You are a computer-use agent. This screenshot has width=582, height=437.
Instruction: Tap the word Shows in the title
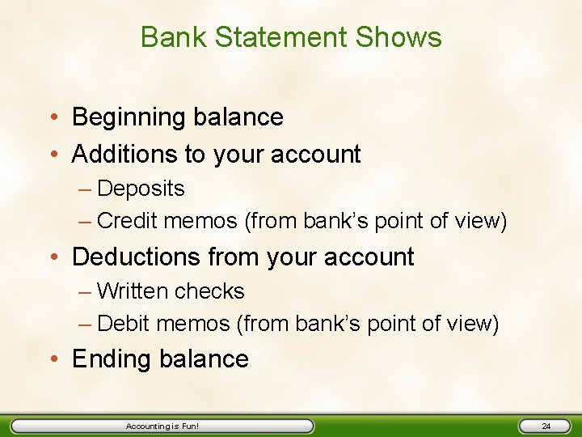tap(401, 37)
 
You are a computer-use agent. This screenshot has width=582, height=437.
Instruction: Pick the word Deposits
tap(141, 189)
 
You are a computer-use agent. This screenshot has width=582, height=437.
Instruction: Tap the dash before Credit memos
tap(85, 221)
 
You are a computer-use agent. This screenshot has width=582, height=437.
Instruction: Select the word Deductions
tap(137, 257)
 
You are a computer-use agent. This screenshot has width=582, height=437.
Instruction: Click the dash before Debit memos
tap(85, 324)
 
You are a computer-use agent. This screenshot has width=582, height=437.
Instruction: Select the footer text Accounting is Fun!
tap(162, 426)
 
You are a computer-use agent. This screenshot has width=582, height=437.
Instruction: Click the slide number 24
tap(546, 426)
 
